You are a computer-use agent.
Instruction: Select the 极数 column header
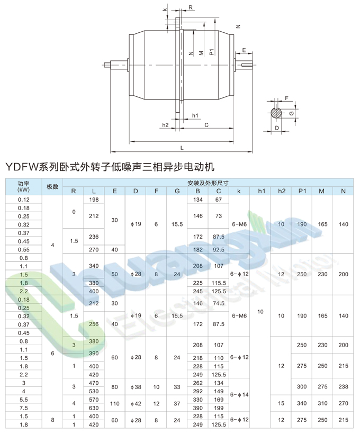coord(52,186)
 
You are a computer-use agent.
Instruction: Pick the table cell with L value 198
coord(94,200)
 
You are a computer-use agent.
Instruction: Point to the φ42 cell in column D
coord(136,404)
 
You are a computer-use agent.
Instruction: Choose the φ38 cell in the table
coord(136,387)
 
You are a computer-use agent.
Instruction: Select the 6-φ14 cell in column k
coord(239,395)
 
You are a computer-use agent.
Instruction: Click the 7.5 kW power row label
coord(23,408)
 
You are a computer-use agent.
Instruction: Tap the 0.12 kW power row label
coord(23,200)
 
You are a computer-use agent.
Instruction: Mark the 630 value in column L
coord(94,408)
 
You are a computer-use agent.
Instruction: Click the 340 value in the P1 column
coord(302,404)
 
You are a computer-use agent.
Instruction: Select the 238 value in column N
coord(343,387)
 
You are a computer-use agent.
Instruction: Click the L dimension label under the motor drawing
coord(182,148)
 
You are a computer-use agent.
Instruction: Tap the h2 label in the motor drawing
coord(165,125)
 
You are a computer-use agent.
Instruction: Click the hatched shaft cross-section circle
coord(276,112)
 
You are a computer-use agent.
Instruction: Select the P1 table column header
coord(302,191)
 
